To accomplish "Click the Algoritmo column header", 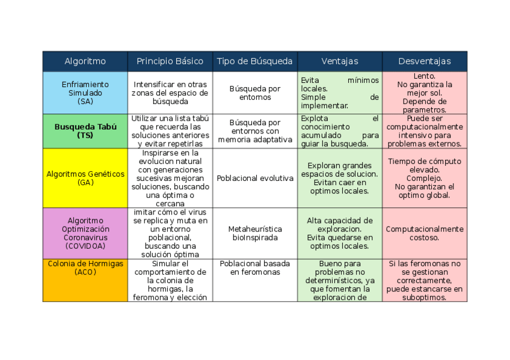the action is [x=85, y=61].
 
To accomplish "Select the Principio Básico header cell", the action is [x=170, y=61].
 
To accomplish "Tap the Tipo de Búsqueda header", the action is [x=255, y=61].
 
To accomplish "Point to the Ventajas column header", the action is [x=340, y=61].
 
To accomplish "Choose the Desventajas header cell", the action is [x=425, y=61].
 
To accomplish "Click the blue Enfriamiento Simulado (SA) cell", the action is [x=85, y=93].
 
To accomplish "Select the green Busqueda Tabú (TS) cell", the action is [x=85, y=131].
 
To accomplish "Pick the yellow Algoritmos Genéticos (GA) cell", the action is [x=85, y=178].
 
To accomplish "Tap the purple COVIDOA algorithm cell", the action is [x=85, y=233].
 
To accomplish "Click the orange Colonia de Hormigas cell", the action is [x=85, y=280].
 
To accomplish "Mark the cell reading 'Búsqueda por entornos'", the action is [x=255, y=93].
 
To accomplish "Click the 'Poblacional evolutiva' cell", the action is [x=255, y=178].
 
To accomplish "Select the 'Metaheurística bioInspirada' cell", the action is [x=255, y=233].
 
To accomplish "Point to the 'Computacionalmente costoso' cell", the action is [x=425, y=233].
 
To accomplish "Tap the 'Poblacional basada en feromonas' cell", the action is [x=255, y=268].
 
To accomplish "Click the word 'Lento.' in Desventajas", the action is [x=425, y=76].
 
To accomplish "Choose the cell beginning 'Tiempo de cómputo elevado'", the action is [x=425, y=178].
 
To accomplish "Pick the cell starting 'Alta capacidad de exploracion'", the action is [x=340, y=233].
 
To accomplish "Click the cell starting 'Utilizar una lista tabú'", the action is [x=170, y=131].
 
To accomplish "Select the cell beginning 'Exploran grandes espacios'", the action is [x=340, y=178].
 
